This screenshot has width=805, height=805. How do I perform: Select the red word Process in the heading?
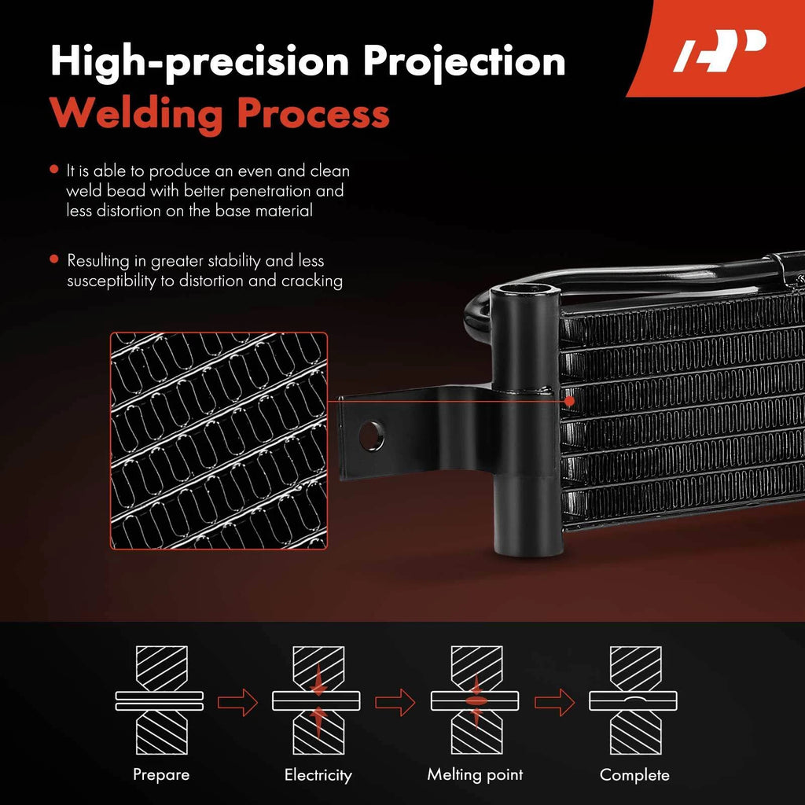(x=313, y=114)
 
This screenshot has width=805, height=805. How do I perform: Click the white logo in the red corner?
(x=719, y=50)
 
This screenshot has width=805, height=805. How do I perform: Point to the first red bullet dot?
(x=54, y=170)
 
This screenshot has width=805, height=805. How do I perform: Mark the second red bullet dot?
(x=54, y=259)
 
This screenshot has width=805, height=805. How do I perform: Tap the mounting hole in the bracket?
(x=371, y=436)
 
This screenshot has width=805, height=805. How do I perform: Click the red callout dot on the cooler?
(x=569, y=400)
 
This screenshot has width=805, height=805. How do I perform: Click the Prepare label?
(x=161, y=774)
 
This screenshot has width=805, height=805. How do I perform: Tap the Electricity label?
(x=318, y=775)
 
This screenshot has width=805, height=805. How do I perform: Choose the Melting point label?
(x=475, y=774)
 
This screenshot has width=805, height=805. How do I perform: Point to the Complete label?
(x=634, y=774)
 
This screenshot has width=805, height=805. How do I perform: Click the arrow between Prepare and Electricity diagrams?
(x=237, y=702)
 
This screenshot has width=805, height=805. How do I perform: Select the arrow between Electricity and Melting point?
(x=395, y=702)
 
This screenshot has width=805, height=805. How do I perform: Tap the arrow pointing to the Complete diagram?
(x=554, y=702)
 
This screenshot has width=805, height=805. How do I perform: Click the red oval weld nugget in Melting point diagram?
(x=476, y=700)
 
